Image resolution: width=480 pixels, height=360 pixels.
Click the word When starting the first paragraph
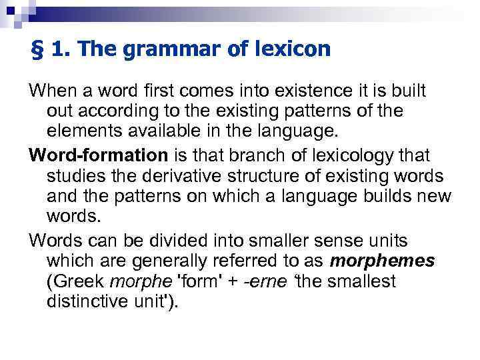[50, 90]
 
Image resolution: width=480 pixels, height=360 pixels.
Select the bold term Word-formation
[99, 155]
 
